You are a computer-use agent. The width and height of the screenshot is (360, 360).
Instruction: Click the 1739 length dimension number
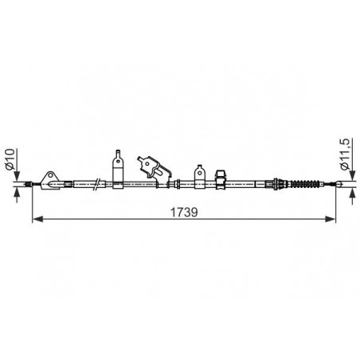184,213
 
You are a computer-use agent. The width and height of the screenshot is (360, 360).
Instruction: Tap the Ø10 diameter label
10,159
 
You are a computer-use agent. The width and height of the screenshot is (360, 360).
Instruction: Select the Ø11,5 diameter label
345,154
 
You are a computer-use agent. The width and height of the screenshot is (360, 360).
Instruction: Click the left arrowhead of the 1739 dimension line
37,219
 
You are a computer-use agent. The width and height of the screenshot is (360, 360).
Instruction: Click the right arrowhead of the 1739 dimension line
331,219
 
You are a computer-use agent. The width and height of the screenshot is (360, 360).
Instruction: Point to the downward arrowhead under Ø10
17,176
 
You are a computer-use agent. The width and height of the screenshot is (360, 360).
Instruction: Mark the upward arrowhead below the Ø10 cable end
17,192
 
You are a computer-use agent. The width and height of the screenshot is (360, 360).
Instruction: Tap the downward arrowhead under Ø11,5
352,175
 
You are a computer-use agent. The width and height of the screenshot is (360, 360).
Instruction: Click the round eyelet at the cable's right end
338,184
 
